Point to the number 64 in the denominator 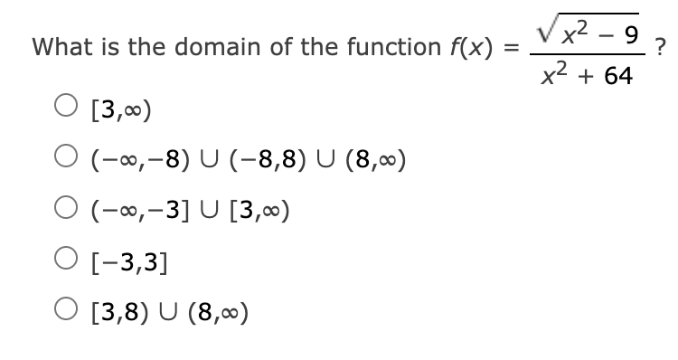point(617,76)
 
